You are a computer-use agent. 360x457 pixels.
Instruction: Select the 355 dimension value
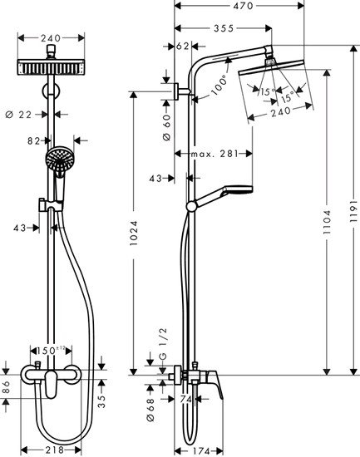tap(222, 27)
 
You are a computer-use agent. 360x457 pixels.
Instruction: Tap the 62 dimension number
tap(184, 47)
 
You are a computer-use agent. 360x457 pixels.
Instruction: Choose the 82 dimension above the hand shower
tap(34, 141)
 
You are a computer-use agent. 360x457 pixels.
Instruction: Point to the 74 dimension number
tap(187, 399)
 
